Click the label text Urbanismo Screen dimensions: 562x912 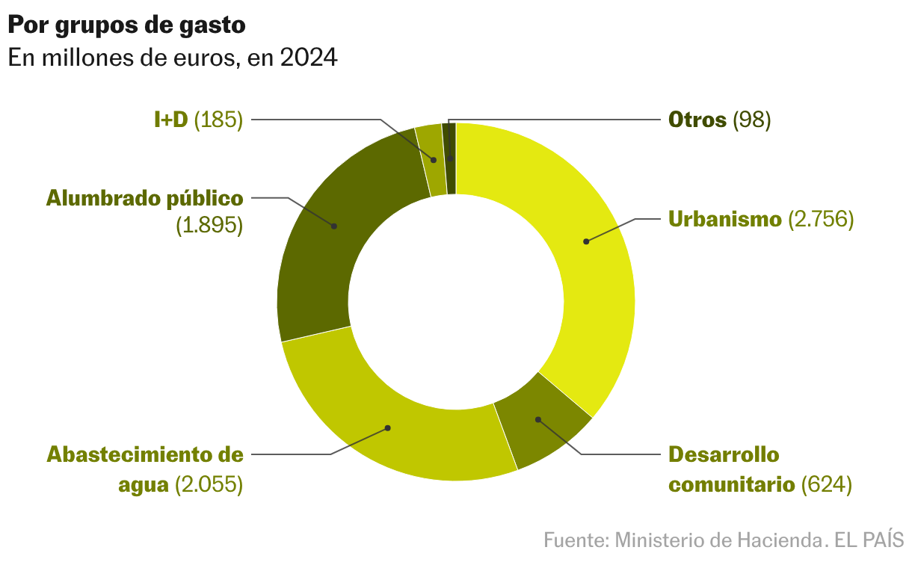(724, 220)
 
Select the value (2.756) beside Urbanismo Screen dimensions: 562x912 (821, 220)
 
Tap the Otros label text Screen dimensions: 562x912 (697, 120)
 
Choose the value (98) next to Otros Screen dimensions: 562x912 (751, 120)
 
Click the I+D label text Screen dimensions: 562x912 (170, 120)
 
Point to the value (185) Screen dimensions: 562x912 (218, 120)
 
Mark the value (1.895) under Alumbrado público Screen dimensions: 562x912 (210, 226)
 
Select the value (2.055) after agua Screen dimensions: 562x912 (209, 484)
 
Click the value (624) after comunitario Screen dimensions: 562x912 (826, 484)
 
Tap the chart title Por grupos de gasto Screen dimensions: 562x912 (126, 25)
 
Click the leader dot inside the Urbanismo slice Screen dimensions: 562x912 (586, 241)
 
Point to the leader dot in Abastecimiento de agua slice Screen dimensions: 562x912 (388, 428)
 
